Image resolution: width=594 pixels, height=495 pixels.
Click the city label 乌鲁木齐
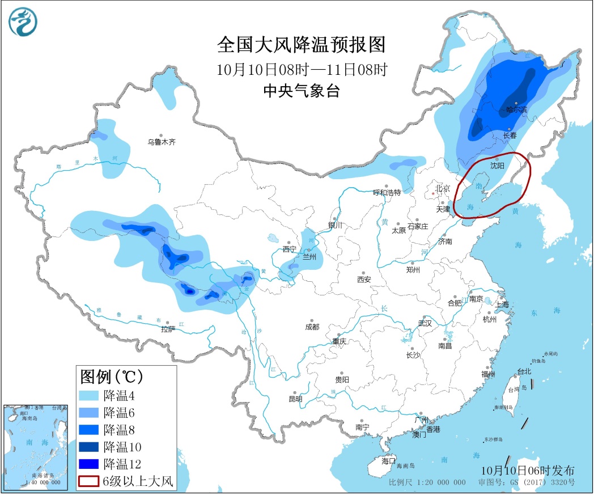pos(162,142)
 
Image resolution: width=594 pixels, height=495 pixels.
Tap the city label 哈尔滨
pos(516,109)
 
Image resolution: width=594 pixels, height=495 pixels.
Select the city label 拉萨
pos(168,329)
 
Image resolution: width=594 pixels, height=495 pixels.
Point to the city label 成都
pos(312,327)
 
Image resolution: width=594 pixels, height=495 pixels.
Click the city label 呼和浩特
pos(387,192)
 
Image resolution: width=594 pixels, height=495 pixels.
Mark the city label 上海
pos(502,304)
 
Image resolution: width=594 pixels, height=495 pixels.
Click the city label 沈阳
pos(497,166)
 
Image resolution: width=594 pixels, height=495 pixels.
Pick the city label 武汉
pos(425,323)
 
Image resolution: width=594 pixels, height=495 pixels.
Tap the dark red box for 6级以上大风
pos(89,482)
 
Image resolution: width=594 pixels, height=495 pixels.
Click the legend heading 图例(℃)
pos(111,376)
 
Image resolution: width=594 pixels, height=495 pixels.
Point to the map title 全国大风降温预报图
pos(301,44)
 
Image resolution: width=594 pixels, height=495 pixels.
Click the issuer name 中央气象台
pos(301,91)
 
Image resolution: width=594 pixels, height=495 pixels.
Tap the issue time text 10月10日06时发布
pos(527,471)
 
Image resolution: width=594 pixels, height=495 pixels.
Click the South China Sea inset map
pos(35,446)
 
